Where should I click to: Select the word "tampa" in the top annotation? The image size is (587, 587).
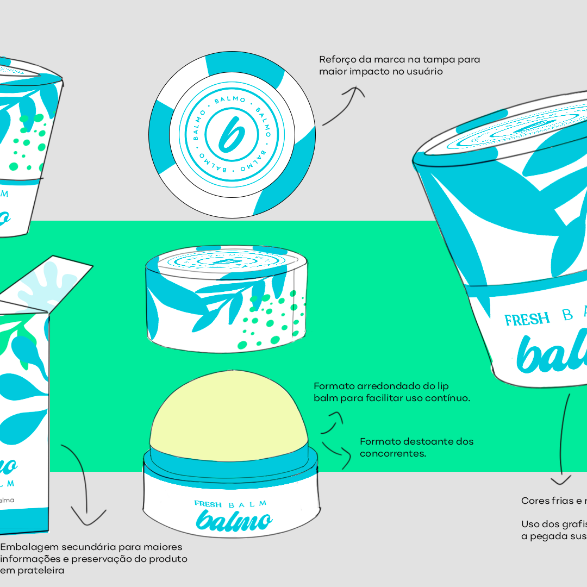coord(439,60)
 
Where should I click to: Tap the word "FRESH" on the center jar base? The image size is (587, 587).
coord(208,504)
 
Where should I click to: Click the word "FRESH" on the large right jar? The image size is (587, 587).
coord(527,319)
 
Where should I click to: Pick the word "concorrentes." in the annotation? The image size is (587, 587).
coord(393,453)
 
